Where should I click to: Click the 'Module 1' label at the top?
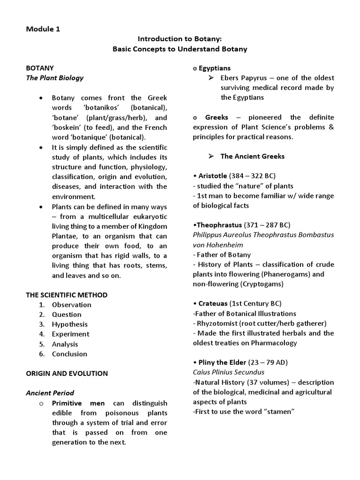43,29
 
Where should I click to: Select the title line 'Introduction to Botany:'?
180,39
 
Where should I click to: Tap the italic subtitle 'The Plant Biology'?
54,78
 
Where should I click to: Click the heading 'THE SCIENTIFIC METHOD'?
67,295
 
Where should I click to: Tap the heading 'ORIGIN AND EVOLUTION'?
67,374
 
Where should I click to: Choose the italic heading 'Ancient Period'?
50,393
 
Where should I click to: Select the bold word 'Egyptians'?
214,68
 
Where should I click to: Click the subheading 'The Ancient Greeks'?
252,156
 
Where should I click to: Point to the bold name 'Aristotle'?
211,176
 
